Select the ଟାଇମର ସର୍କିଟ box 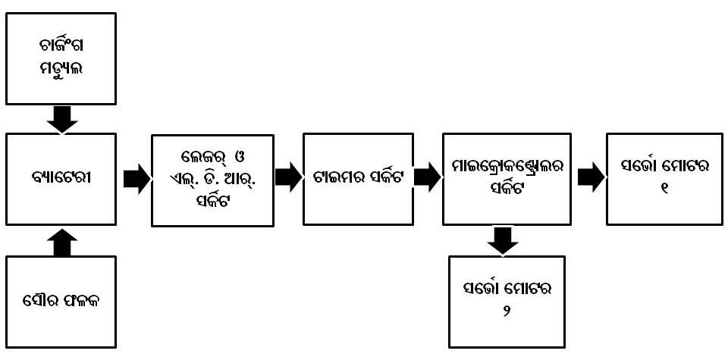click(358, 180)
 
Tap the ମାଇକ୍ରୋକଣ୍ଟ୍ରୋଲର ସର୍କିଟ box click(507, 180)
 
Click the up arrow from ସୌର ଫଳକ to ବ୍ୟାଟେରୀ click(62, 242)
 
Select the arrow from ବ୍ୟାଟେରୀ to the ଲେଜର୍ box click(136, 180)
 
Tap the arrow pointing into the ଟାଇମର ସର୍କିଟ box click(288, 178)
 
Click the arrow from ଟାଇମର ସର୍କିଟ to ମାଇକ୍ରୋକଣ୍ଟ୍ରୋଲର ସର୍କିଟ click(428, 178)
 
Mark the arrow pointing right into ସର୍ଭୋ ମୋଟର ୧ click(591, 177)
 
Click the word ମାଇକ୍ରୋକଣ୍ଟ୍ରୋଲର click(507, 166)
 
